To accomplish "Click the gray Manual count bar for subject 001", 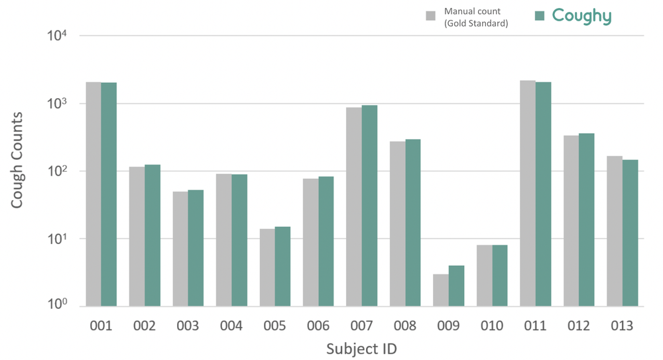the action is coord(93,194).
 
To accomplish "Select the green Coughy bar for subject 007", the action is coord(369,206).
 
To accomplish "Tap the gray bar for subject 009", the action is coord(441,290).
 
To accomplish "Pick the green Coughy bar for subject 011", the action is coord(544,194).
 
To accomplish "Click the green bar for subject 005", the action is coord(282,267).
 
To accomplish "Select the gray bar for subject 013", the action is coord(615,231).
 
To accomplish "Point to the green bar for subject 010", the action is coord(500,276).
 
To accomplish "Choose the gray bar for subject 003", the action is coord(180,249).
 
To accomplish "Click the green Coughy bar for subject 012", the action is coord(587,220).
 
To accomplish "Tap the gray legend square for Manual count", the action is coord(430,16).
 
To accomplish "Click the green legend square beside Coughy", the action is coord(540,16).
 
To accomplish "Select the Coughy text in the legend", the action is coord(582,17).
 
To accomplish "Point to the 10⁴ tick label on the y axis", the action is coord(57,35).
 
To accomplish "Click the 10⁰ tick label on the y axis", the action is coord(57,304).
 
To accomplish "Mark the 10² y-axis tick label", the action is coord(57,170).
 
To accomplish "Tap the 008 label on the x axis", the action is coord(405,326).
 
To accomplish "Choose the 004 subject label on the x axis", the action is coord(231,326).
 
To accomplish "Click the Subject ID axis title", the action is coord(361,349).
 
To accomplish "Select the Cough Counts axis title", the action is coord(17,160).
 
